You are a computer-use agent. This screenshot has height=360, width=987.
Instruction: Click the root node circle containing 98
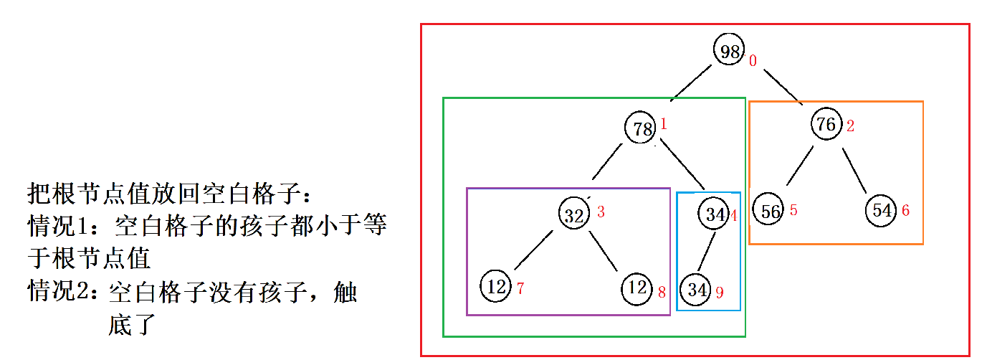[730, 50]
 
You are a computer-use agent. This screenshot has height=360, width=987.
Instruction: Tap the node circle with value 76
[827, 125]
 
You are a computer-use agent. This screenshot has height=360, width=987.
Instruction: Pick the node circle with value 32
[574, 214]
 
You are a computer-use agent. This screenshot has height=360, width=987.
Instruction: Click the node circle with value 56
[770, 211]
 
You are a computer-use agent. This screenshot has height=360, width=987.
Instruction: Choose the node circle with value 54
[882, 210]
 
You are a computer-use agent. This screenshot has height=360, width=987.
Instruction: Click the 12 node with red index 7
[497, 287]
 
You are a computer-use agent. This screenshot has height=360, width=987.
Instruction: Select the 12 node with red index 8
[637, 288]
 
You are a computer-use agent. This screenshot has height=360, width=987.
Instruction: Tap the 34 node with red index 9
[697, 290]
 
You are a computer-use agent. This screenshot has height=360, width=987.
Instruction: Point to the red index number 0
[753, 61]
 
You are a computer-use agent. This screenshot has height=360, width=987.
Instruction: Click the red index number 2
[850, 127]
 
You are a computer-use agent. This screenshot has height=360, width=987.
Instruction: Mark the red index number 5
[793, 211]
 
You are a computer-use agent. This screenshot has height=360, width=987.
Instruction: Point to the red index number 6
[905, 211]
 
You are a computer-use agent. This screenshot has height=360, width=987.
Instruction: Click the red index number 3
[601, 212]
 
